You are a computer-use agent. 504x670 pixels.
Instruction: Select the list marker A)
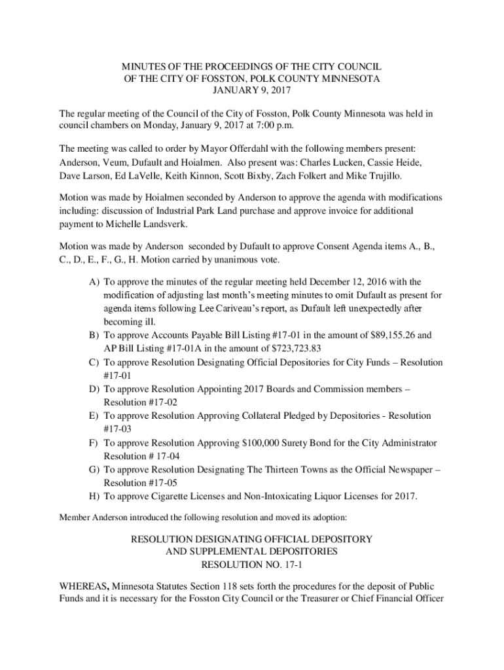click(x=94, y=282)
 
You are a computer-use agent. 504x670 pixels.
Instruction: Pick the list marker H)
click(x=94, y=496)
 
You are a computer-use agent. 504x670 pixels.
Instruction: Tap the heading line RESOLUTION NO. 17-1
click(x=252, y=564)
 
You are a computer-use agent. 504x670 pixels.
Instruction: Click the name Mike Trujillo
click(x=378, y=176)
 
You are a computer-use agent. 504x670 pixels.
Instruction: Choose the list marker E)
click(x=94, y=416)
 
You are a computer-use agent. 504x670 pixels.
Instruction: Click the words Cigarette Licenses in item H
click(x=183, y=496)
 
